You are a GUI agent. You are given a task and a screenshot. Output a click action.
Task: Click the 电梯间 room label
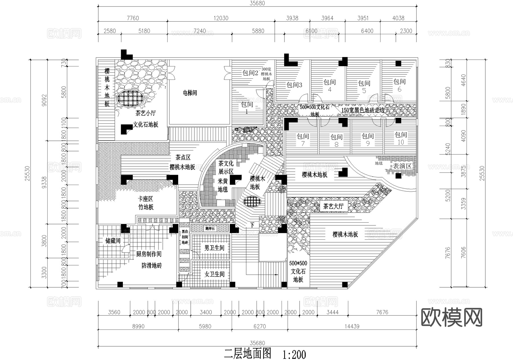(190, 93)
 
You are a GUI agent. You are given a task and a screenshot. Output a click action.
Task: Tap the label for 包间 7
(303, 139)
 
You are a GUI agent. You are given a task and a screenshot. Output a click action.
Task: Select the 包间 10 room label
(401, 138)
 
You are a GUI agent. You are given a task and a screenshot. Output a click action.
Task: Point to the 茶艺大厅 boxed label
(333, 206)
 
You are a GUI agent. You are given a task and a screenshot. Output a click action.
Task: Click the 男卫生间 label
(214, 248)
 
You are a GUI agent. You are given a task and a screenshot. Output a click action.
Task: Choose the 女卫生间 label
(214, 274)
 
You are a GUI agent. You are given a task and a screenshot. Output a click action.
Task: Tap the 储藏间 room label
(113, 241)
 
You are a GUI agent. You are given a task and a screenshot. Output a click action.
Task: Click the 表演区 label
(402, 166)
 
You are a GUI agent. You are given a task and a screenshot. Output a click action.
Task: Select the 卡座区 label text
(146, 199)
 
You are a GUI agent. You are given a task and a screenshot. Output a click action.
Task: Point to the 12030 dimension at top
(221, 18)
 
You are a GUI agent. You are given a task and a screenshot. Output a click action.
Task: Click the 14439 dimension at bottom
(352, 326)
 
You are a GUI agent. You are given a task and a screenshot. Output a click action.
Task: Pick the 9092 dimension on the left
(44, 100)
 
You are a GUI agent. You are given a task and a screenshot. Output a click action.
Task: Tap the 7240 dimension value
(199, 31)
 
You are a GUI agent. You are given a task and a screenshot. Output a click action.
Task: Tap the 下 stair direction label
(252, 225)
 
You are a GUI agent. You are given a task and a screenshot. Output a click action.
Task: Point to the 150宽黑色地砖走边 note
(363, 110)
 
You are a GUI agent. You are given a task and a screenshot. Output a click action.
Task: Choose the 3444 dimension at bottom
(332, 312)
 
